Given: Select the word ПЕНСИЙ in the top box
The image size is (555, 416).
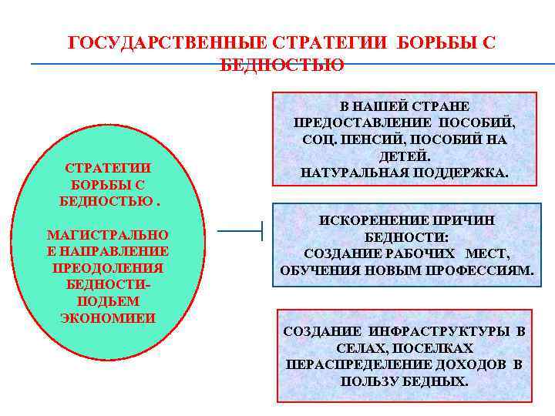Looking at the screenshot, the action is (x=364, y=139).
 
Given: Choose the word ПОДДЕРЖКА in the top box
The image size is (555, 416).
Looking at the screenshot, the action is (x=462, y=173).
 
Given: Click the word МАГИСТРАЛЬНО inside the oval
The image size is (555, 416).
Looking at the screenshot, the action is (x=108, y=234).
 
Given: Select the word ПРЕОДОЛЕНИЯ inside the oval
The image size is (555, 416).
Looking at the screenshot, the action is (x=108, y=268).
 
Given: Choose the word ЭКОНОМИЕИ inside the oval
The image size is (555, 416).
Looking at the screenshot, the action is (x=108, y=318).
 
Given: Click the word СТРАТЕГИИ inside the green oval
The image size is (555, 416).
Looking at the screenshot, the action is (x=108, y=168).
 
